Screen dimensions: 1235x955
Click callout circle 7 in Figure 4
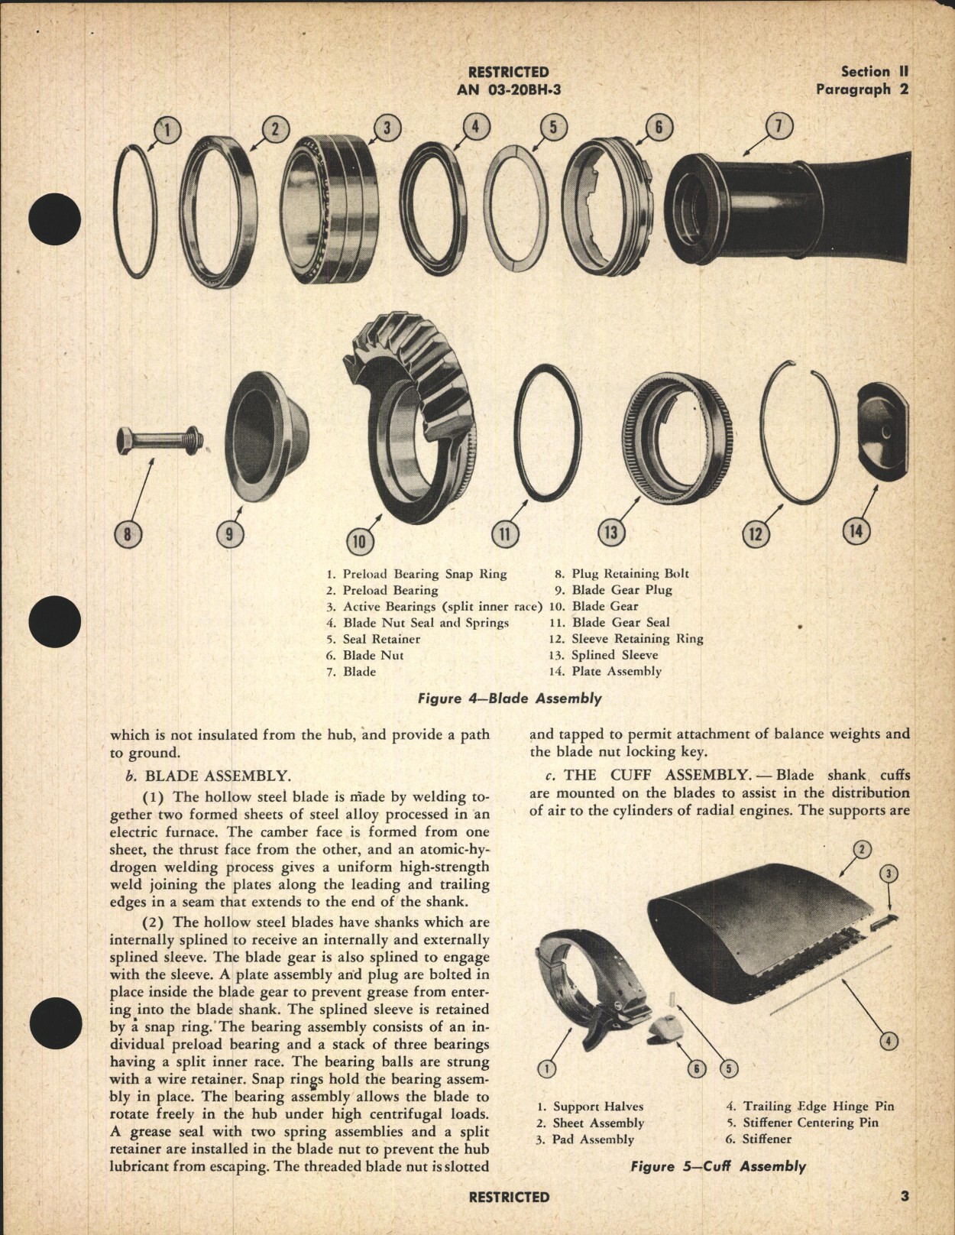pyautogui.click(x=779, y=128)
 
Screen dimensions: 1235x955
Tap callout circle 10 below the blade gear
pyautogui.click(x=360, y=542)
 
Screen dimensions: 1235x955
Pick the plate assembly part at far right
pyautogui.click(x=882, y=434)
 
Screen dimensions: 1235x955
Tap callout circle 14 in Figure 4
pyautogui.click(x=856, y=532)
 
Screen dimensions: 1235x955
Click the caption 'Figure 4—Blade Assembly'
pyautogui.click(x=509, y=699)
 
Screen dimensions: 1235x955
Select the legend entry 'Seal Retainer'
pyautogui.click(x=380, y=639)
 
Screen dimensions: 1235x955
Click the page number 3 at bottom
pyautogui.click(x=904, y=1197)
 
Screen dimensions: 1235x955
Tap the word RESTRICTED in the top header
pyautogui.click(x=508, y=72)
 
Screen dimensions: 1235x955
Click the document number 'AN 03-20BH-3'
pyautogui.click(x=508, y=89)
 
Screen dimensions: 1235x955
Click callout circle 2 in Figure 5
pyautogui.click(x=861, y=849)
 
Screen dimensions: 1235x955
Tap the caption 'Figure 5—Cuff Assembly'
pyautogui.click(x=717, y=1166)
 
